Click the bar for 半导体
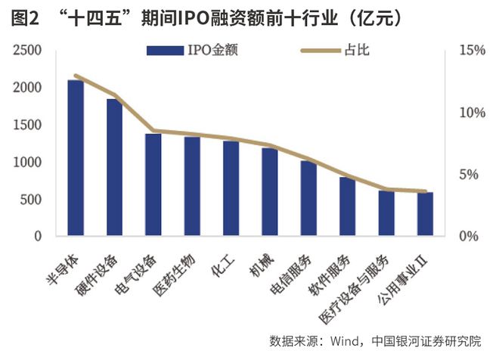pyautogui.click(x=76, y=158)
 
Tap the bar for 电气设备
pyautogui.click(x=153, y=185)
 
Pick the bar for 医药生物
pyautogui.click(x=192, y=187)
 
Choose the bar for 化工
pyautogui.click(x=231, y=189)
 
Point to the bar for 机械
pyautogui.click(x=270, y=192)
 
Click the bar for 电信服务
pyautogui.click(x=308, y=199)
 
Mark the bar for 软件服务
pyautogui.click(x=348, y=207)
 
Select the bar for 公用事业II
pyautogui.click(x=425, y=215)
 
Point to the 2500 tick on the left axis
pyautogui.click(x=27, y=51)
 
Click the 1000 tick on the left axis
pyautogui.click(x=27, y=163)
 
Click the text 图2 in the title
pyautogui.click(x=26, y=17)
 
